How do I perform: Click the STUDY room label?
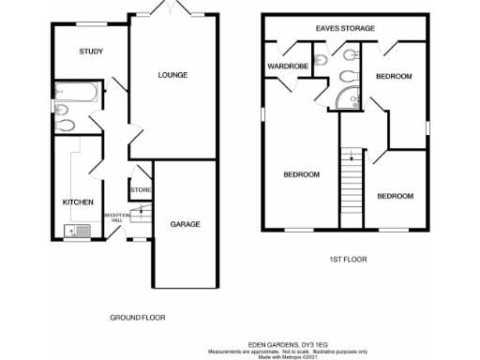tap(91, 52)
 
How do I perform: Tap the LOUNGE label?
tap(172, 75)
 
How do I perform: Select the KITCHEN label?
tap(77, 202)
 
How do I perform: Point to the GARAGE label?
tap(184, 225)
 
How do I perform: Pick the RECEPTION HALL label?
tap(116, 217)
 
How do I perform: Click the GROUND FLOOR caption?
tap(138, 318)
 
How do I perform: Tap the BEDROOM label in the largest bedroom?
tap(301, 174)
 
